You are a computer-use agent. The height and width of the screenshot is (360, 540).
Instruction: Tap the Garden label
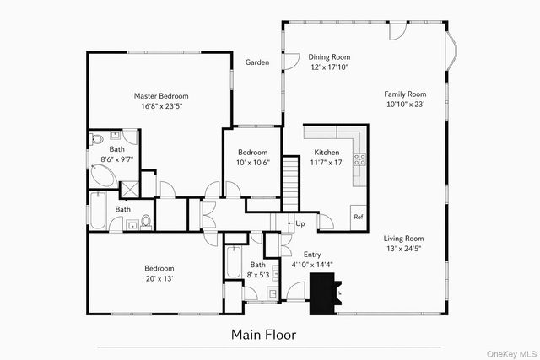point(257,62)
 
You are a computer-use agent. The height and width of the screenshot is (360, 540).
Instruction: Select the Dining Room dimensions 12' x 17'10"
point(306,67)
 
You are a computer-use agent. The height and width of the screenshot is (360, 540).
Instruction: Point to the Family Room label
point(405,94)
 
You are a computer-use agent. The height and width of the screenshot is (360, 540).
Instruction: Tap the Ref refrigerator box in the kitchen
point(358,217)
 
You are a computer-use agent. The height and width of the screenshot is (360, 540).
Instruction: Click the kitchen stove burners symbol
point(359,158)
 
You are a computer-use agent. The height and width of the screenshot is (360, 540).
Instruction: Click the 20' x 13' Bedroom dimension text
point(159,278)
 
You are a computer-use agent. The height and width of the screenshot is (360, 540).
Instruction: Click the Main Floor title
point(263,335)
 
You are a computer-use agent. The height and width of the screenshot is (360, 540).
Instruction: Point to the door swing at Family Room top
point(397,32)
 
